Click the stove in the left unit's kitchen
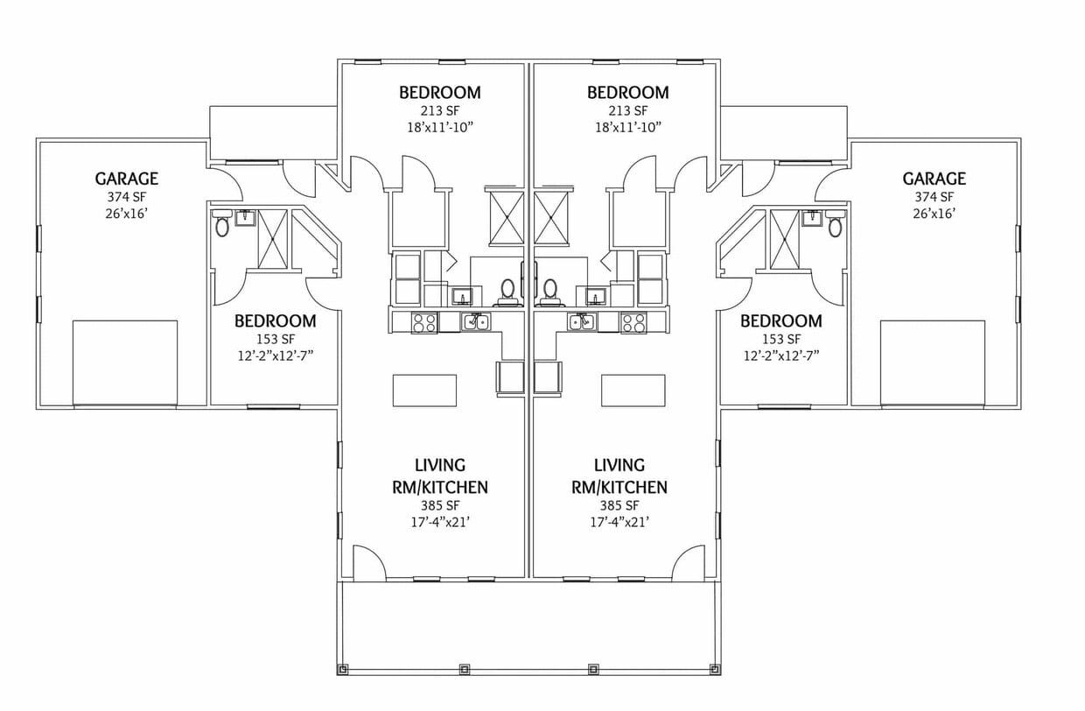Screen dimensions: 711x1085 424,322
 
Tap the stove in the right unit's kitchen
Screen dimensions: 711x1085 633,322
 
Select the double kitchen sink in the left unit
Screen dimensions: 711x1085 477,321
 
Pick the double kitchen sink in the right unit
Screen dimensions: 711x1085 581,321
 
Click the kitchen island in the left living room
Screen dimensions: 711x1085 424,390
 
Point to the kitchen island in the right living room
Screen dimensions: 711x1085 633,390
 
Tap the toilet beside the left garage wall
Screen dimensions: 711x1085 222,228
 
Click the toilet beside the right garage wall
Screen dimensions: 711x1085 836,228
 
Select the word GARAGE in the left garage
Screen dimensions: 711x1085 127,179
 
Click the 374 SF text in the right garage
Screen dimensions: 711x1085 934,197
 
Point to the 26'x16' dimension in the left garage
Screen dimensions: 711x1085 127,213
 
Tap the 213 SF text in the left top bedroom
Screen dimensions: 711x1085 440,110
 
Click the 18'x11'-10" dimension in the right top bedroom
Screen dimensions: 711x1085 628,127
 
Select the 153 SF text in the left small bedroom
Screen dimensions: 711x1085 275,339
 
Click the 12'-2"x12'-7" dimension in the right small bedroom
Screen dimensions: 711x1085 780,355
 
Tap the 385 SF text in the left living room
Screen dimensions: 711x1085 440,505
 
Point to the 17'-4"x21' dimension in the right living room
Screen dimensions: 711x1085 619,522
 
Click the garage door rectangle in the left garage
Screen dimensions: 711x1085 125,363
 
